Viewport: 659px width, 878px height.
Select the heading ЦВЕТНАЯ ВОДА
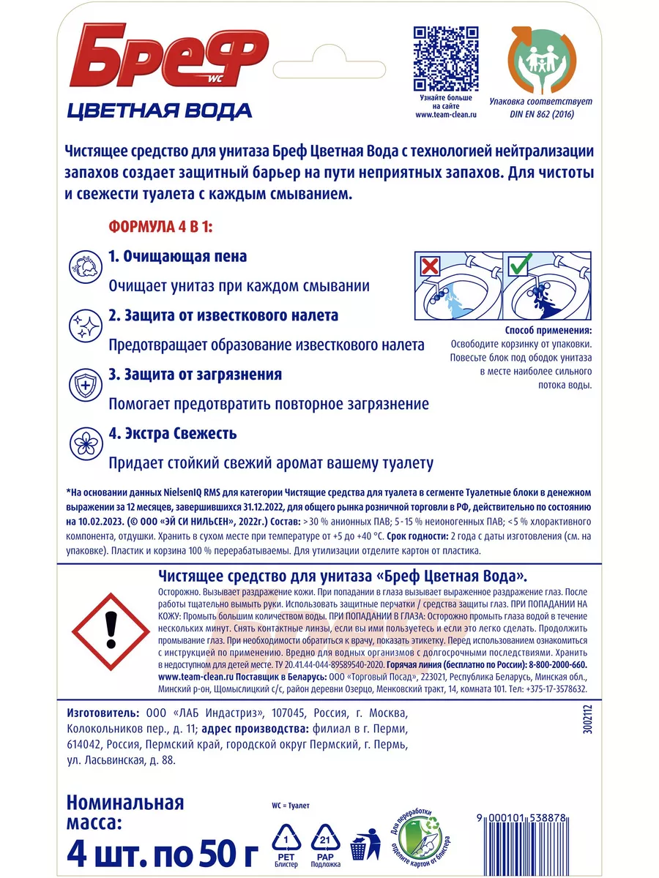159,110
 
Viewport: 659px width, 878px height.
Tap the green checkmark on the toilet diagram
519,264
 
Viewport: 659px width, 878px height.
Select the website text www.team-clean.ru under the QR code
446,115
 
